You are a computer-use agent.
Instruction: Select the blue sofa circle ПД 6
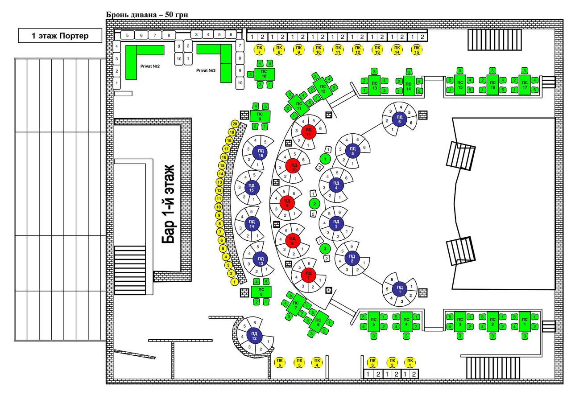[x=399, y=119]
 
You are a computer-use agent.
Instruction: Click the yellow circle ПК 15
[x=417, y=49]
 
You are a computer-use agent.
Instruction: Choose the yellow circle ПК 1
[x=409, y=362]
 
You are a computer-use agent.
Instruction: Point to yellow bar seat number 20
[x=234, y=124]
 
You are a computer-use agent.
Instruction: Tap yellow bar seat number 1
[x=234, y=282]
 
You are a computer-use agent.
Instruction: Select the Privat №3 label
[x=205, y=70]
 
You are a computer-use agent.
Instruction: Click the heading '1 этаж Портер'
[x=60, y=36]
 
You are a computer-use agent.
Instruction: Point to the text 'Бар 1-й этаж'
[x=168, y=204]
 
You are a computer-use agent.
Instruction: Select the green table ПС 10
[x=265, y=74]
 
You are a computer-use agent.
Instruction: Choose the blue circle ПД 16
[x=261, y=153]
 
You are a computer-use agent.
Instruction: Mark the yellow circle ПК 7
[x=259, y=49]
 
